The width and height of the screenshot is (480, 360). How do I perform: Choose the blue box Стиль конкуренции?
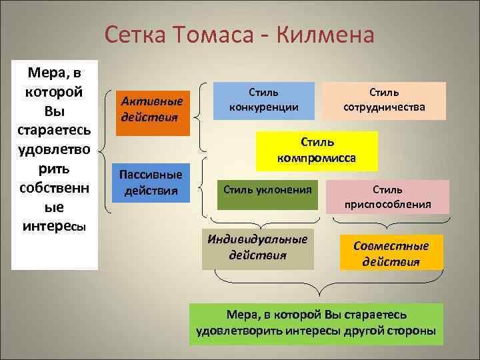click(x=263, y=100)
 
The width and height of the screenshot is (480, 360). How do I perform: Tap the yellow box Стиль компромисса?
click(x=317, y=150)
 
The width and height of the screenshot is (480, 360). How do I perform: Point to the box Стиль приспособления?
click(x=388, y=197)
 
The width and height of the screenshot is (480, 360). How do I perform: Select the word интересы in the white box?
click(x=55, y=221)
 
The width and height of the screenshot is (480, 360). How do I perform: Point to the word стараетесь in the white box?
click(x=55, y=127)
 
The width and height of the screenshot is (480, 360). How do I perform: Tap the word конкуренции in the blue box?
click(x=263, y=107)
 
